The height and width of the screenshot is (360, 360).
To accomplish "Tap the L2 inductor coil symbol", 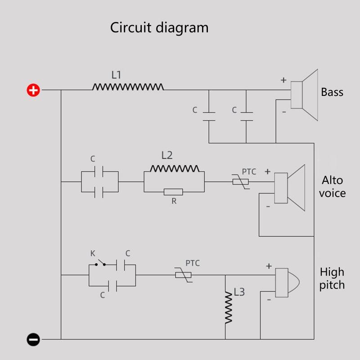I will [x=174, y=169].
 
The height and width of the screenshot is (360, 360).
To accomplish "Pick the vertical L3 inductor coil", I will [x=229, y=306].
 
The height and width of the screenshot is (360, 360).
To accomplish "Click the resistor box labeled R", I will [x=173, y=192].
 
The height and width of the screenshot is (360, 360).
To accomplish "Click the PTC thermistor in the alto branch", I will [x=240, y=182].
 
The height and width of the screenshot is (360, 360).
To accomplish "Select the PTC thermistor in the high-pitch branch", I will [x=184, y=274].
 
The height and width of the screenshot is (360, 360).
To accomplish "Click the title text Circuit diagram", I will [x=159, y=27].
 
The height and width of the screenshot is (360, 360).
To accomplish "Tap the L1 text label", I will [x=116, y=75].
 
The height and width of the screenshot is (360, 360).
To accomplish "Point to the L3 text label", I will [x=239, y=292].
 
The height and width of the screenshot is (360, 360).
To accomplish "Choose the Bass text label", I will [x=332, y=92].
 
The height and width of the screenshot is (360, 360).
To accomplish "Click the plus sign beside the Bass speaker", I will [x=283, y=81].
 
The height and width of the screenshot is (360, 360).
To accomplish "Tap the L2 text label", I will [x=167, y=155].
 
